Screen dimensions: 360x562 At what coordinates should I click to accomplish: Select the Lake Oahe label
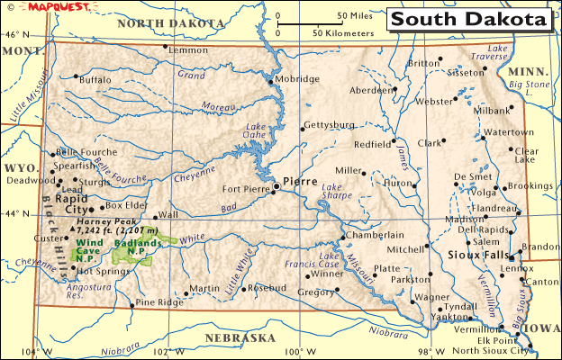click(x=255, y=131)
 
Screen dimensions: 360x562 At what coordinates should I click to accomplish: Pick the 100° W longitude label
click(x=296, y=351)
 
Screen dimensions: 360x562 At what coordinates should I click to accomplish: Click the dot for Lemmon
click(x=166, y=47)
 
